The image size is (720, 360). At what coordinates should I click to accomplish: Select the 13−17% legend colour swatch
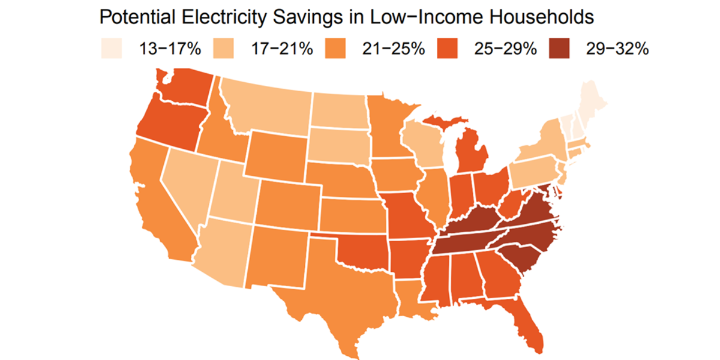tap(112, 49)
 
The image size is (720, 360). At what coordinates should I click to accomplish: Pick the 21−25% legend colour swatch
tap(336, 49)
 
